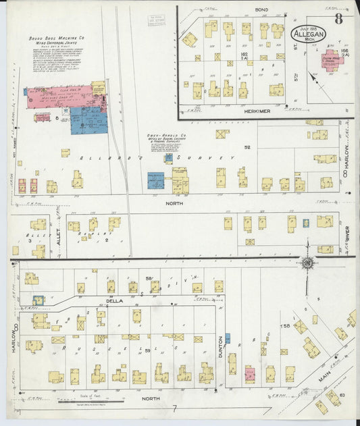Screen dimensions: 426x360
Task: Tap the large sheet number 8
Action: (338, 18)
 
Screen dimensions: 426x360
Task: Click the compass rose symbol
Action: (308, 264)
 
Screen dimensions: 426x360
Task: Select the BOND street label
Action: (261, 9)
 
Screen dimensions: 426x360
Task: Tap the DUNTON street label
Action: (220, 348)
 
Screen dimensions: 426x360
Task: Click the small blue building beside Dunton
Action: (228, 338)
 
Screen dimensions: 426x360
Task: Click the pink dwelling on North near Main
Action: (249, 373)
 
